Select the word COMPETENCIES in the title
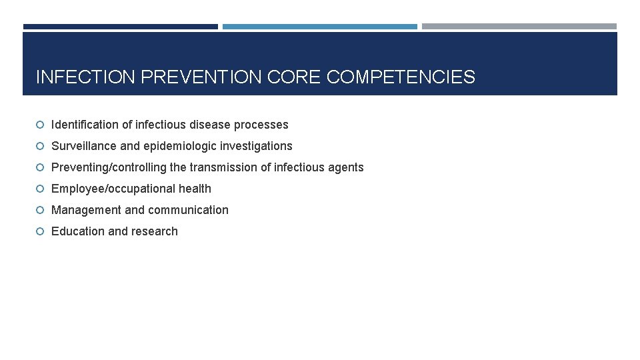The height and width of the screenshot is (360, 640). click(401, 77)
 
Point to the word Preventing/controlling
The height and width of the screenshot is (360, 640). click(109, 167)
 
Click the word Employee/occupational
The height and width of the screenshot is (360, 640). click(113, 189)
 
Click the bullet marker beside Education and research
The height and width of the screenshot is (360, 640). click(40, 231)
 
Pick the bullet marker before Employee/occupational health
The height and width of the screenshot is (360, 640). click(40, 189)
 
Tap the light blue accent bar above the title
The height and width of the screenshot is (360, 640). click(319, 27)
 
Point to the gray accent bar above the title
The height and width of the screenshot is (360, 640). click(519, 27)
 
